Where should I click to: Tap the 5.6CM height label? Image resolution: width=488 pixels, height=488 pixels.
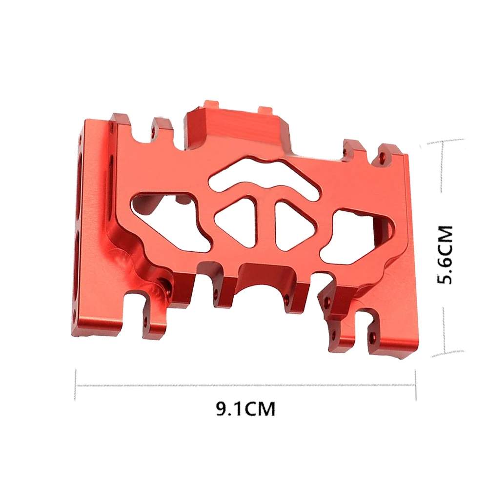[445, 254]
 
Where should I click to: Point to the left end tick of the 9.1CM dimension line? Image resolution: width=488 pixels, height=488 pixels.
[76, 385]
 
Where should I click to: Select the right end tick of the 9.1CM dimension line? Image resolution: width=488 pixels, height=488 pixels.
[415, 385]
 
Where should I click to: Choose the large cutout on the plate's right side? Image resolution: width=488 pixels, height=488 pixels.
[359, 234]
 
